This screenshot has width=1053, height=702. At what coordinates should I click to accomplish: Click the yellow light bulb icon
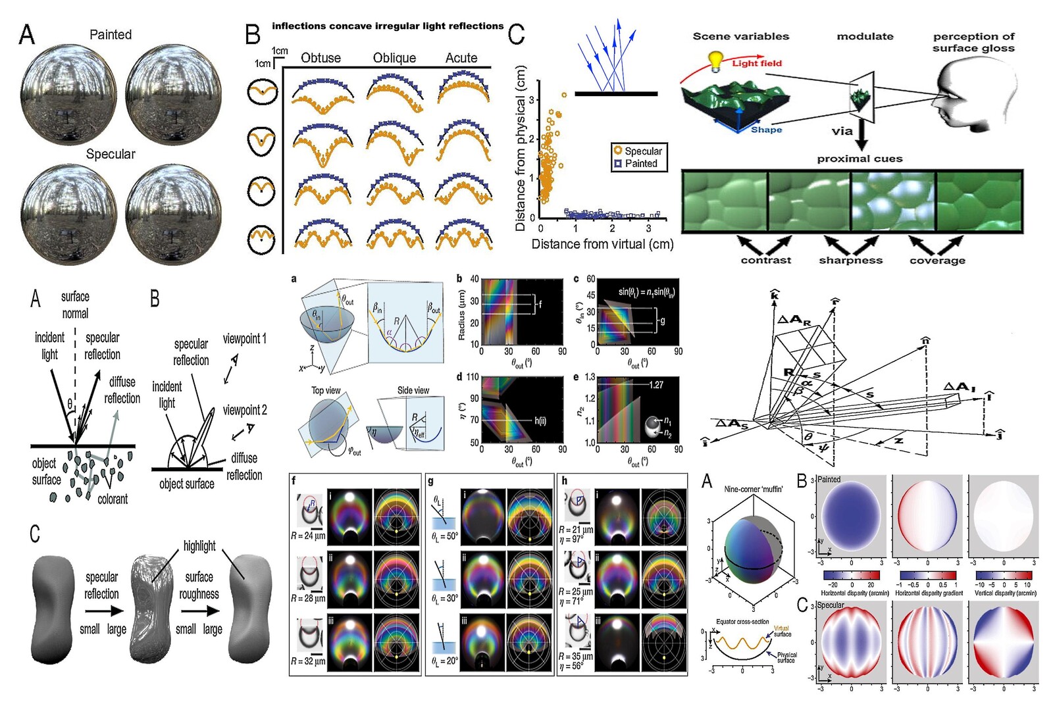[715, 60]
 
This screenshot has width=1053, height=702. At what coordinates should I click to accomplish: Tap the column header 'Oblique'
[394, 58]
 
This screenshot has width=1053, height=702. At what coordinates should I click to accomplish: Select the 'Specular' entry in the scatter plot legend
[642, 151]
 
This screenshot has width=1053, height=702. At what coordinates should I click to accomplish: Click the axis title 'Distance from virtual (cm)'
[602, 244]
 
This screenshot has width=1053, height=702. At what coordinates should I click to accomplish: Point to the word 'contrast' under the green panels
[765, 260]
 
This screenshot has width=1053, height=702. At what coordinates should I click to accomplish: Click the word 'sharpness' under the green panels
[850, 260]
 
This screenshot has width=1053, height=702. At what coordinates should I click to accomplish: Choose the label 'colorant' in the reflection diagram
[113, 499]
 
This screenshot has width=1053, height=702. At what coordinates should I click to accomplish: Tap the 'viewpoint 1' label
[244, 339]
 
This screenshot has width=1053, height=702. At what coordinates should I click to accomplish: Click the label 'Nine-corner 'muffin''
[753, 489]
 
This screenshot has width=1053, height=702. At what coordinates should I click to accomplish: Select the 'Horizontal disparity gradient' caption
[929, 593]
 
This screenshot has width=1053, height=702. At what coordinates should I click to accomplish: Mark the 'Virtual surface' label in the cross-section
[782, 631]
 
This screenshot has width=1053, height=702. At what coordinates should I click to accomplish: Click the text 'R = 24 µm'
[307, 536]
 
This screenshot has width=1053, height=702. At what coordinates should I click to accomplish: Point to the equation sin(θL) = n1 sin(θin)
[646, 291]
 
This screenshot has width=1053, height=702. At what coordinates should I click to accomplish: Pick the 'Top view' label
[326, 390]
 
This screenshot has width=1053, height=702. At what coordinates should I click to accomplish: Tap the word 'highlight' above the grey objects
[199, 545]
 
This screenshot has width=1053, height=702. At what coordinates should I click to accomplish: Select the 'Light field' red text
[757, 63]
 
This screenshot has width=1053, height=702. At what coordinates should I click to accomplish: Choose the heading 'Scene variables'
[740, 36]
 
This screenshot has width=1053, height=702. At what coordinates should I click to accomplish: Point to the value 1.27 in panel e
[656, 385]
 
